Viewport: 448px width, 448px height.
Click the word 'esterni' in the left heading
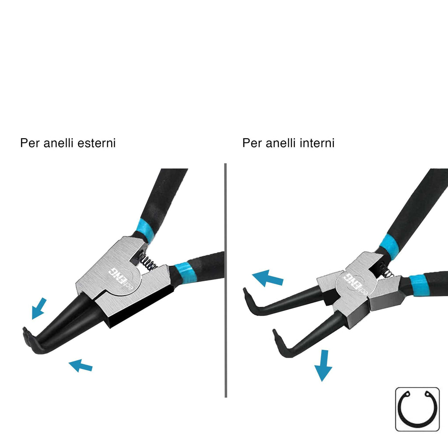click(x=97, y=143)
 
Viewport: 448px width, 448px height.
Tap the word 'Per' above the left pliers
click(x=30, y=143)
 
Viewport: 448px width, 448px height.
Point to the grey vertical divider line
click(x=226, y=280)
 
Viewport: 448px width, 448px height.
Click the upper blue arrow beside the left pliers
click(x=38, y=309)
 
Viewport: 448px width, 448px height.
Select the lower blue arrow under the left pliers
click(x=80, y=366)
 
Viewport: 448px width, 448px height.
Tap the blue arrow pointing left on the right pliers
click(x=267, y=278)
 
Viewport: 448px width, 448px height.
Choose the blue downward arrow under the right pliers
click(x=323, y=366)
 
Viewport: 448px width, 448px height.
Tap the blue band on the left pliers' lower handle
click(x=185, y=273)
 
